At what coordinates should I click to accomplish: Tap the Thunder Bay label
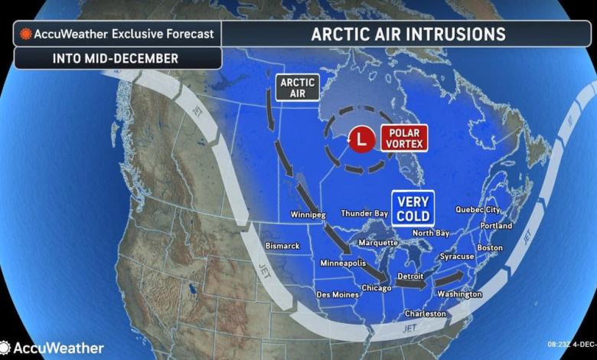click(x=362, y=213)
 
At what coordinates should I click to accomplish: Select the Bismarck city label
click(x=282, y=246)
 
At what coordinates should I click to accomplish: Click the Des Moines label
click(x=337, y=294)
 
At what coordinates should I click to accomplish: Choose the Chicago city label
click(x=377, y=288)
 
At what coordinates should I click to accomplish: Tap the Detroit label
click(x=411, y=276)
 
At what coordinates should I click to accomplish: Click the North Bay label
click(x=431, y=233)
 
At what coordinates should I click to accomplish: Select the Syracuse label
click(x=457, y=257)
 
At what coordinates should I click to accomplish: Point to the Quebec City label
click(x=478, y=209)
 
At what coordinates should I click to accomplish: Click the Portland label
click(x=496, y=226)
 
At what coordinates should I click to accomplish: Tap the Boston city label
click(x=490, y=247)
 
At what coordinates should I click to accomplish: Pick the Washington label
click(x=459, y=294)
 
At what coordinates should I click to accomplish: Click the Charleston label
click(x=426, y=314)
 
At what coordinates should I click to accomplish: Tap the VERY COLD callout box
click(x=413, y=207)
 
